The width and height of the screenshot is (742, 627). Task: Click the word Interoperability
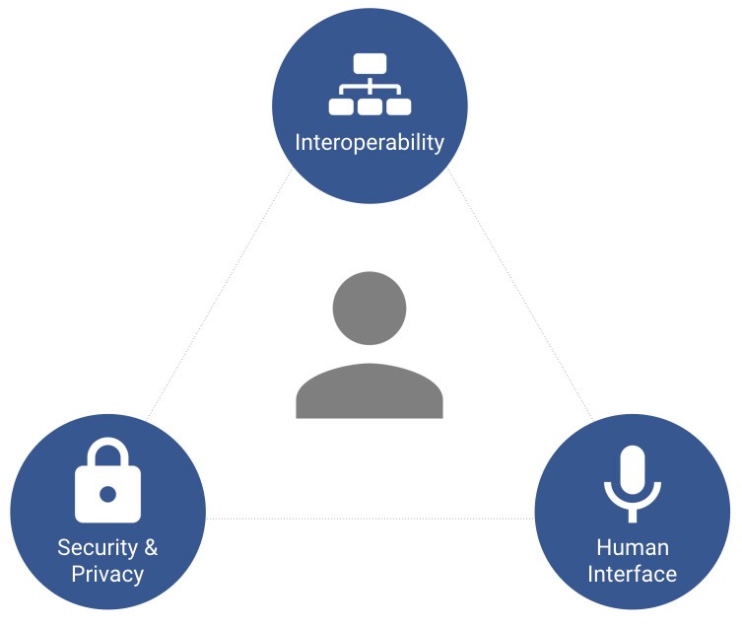click(370, 142)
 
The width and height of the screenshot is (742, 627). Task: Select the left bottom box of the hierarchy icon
click(340, 105)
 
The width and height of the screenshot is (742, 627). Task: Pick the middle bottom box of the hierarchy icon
click(370, 105)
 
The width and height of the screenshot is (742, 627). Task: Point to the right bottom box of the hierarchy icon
click(398, 105)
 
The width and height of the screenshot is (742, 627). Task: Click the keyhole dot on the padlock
click(108, 493)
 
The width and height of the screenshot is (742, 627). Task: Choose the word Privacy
click(107, 574)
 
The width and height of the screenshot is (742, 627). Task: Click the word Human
click(632, 547)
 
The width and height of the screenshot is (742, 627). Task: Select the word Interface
click(632, 573)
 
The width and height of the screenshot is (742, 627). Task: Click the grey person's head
click(370, 308)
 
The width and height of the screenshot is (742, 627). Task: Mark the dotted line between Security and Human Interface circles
click(370, 519)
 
